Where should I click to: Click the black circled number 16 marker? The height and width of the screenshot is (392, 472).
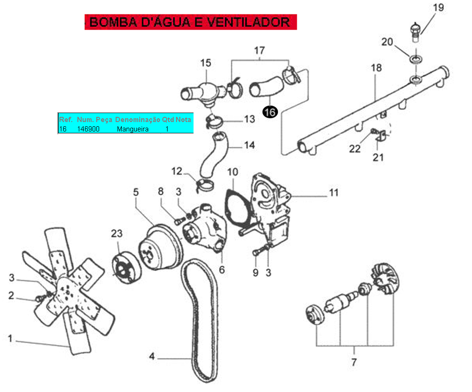pos(270,112)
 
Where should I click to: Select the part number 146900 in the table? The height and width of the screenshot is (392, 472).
pos(88,129)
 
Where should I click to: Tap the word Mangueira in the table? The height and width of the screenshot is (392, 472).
pos(133,129)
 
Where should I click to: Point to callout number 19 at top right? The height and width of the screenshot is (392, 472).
pos(438,8)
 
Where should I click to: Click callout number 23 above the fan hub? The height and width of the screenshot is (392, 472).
pos(117,233)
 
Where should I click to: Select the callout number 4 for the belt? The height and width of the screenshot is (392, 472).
pos(152,356)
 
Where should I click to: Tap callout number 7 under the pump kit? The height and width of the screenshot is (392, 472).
pos(354,364)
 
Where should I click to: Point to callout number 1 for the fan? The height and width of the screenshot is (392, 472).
pos(10,338)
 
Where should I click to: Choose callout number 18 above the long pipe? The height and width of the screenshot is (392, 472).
pos(376,68)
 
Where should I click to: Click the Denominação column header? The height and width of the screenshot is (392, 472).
pos(138,120)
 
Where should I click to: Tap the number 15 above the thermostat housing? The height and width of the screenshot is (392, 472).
pos(206,63)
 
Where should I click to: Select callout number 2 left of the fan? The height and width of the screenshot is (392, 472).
pos(11,295)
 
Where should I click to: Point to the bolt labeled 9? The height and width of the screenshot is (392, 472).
pos(257,253)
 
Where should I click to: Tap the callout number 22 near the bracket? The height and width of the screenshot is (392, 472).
pos(355,149)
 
